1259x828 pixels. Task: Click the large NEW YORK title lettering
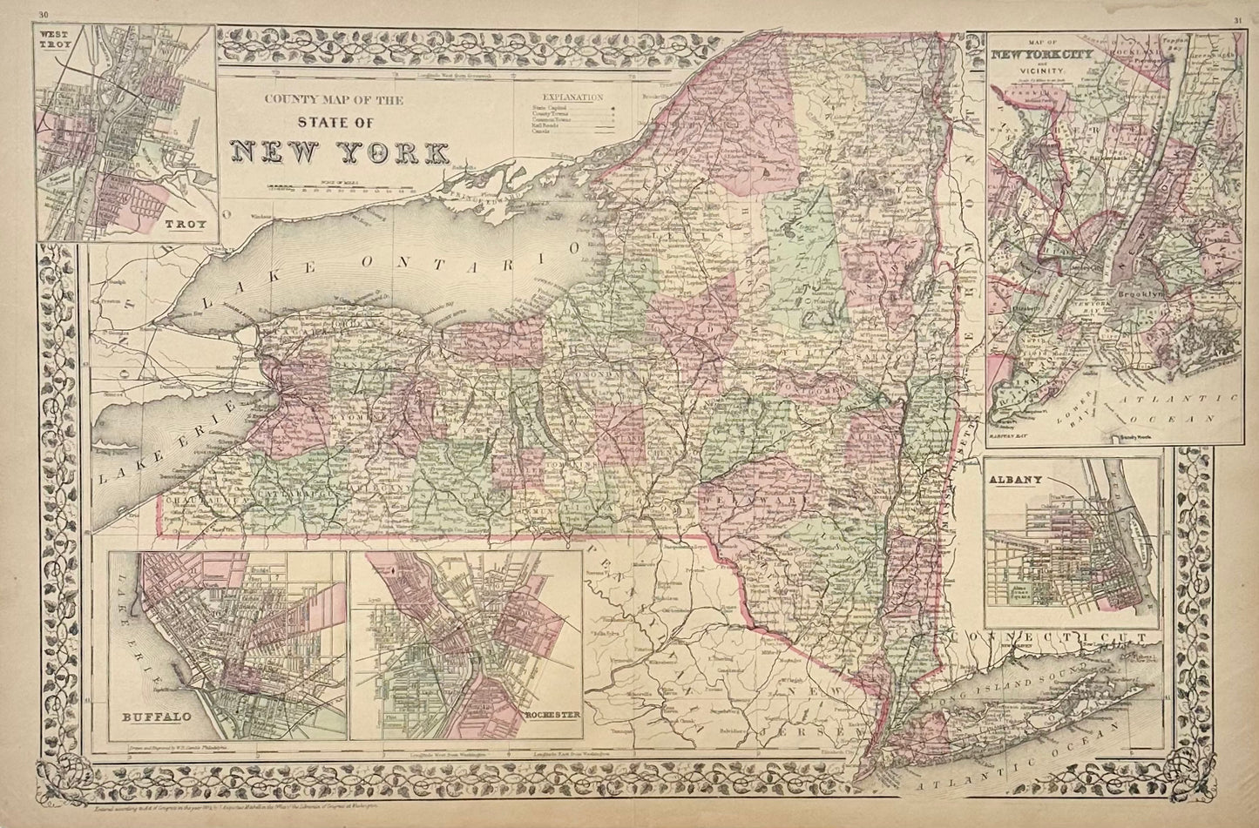pyautogui.click(x=340, y=151)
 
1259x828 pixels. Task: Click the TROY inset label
pyautogui.click(x=188, y=225)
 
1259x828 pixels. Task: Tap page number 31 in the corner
pyautogui.click(x=1238, y=19)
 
